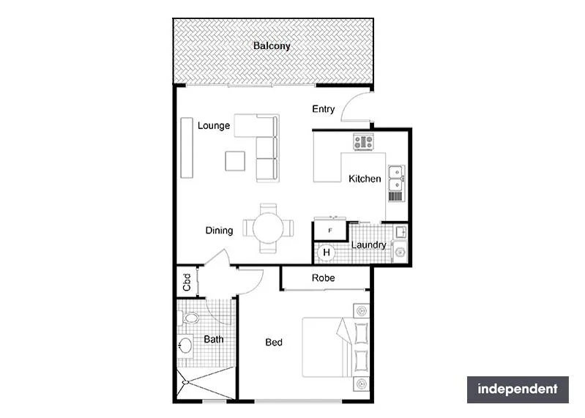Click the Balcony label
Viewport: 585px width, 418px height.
click(x=272, y=46)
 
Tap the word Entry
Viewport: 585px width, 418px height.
click(x=323, y=109)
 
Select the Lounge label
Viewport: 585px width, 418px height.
click(x=214, y=126)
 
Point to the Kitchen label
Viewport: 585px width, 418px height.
click(x=365, y=179)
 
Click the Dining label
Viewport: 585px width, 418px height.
click(x=219, y=231)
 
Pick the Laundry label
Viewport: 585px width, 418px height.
click(x=368, y=245)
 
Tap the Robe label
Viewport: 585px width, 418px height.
click(x=323, y=278)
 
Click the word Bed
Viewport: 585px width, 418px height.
click(x=274, y=343)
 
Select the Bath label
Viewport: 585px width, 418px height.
click(x=214, y=340)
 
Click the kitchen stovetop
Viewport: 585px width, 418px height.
click(x=364, y=142)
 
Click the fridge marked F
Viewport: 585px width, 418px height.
click(x=330, y=231)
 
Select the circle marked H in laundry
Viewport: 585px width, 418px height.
click(x=327, y=253)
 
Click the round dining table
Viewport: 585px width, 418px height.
click(x=269, y=228)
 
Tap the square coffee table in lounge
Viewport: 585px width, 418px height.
click(x=235, y=160)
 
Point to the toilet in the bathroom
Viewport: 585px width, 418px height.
click(x=190, y=319)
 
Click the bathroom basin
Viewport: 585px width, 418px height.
click(x=185, y=345)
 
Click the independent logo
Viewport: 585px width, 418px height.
click(x=518, y=389)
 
